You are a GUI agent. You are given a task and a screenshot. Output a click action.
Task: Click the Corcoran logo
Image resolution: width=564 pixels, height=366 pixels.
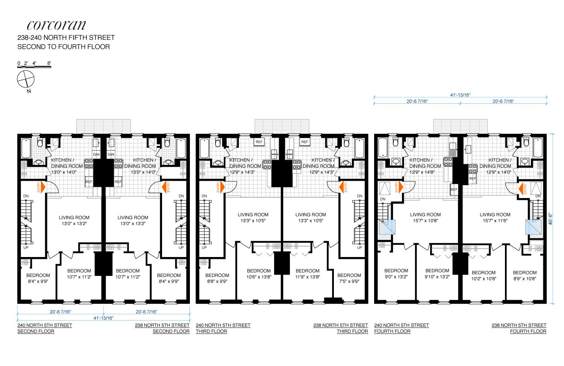pyautogui.click(x=56, y=25)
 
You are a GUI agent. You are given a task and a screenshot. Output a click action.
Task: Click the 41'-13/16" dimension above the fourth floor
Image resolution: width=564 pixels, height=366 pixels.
pyautogui.click(x=460, y=95)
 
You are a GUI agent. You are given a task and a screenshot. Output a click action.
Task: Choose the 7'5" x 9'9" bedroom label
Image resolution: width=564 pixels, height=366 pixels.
pyautogui.click(x=349, y=278)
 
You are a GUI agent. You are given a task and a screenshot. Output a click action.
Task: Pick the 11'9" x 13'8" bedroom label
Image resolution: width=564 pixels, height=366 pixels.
pyautogui.click(x=307, y=274)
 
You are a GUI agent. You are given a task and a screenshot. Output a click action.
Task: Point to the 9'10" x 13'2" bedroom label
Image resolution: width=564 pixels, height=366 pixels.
pyautogui.click(x=437, y=274)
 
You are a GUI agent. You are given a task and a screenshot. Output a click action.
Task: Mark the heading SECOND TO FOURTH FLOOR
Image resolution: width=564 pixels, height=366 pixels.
pyautogui.click(x=64, y=47)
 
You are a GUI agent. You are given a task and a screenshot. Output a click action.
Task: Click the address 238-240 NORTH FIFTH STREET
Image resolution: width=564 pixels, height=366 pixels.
pyautogui.click(x=66, y=38)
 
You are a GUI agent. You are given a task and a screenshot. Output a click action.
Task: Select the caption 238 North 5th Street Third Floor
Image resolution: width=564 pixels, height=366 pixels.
pyautogui.click(x=341, y=328)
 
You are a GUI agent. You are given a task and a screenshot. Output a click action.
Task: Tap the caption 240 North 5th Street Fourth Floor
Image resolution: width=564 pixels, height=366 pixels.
pyautogui.click(x=402, y=328)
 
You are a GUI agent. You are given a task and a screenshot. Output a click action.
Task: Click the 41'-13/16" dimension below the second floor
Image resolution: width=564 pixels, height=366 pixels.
pyautogui.click(x=103, y=318)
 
